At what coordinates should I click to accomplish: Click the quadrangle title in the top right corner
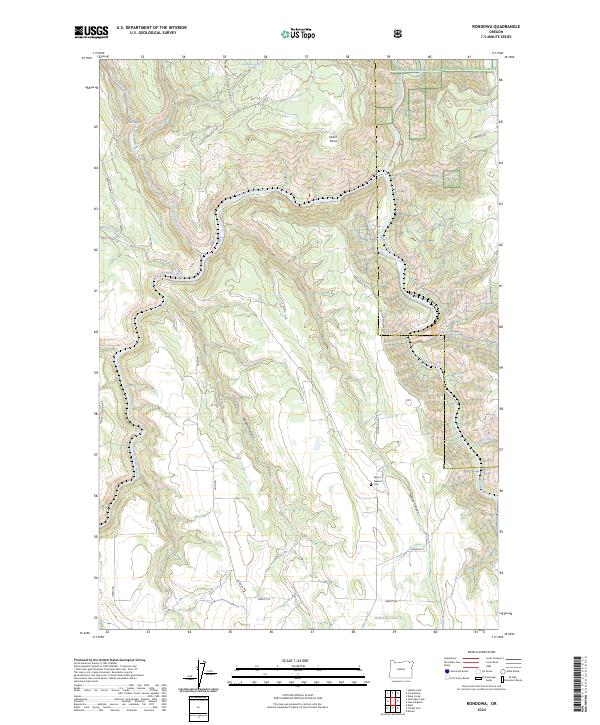[480, 27]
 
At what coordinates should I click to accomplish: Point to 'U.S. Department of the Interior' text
[147, 28]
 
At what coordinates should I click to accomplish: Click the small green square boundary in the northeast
[451, 177]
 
